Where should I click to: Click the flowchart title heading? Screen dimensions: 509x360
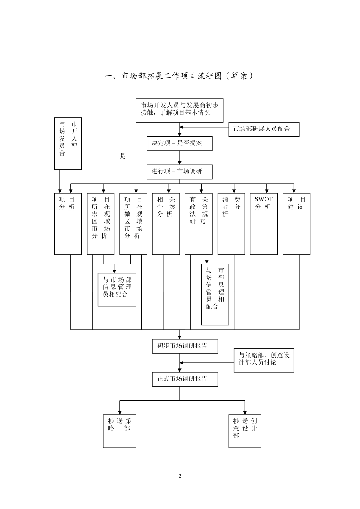pyautogui.click(x=178, y=76)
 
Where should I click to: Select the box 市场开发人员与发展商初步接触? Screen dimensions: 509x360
pyautogui.click(x=179, y=111)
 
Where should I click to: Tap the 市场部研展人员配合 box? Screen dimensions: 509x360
pyautogui.click(x=264, y=129)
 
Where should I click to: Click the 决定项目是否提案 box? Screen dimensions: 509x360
pyautogui.click(x=179, y=144)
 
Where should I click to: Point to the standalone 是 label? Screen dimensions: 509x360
pyautogui.click(x=122, y=156)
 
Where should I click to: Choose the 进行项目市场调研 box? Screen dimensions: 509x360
pyautogui.click(x=179, y=172)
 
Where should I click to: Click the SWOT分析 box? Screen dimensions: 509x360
pyautogui.click(x=264, y=223)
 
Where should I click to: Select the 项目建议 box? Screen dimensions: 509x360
pyautogui.click(x=296, y=223)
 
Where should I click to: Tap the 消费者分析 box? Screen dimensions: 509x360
pyautogui.click(x=231, y=223)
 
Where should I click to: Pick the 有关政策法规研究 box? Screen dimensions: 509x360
pyautogui.click(x=199, y=223)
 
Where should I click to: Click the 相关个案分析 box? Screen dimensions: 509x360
pyautogui.click(x=166, y=223)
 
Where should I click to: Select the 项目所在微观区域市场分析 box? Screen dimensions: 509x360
pyautogui.click(x=133, y=223)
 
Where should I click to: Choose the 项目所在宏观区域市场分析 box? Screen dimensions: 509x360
pyautogui.click(x=100, y=223)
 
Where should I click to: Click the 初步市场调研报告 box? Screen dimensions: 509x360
pyautogui.click(x=185, y=346)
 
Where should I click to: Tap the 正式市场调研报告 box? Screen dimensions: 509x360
pyautogui.click(x=185, y=379)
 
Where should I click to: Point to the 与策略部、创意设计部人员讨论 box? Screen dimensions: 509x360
pyautogui.click(x=264, y=360)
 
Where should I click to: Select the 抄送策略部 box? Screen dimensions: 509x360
pyautogui.click(x=119, y=431)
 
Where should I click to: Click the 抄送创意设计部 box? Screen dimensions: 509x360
pyautogui.click(x=245, y=431)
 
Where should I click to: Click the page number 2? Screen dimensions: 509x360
pyautogui.click(x=180, y=476)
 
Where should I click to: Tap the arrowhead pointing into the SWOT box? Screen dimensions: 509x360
pyautogui.click(x=267, y=191)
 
